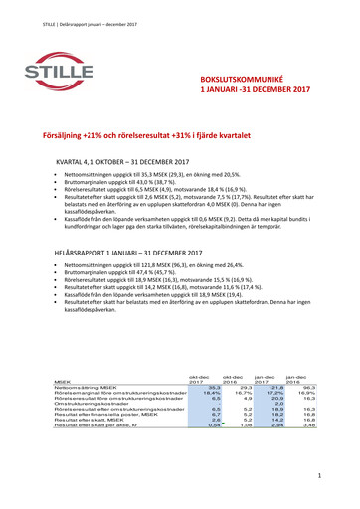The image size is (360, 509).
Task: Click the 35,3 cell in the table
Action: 213,388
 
